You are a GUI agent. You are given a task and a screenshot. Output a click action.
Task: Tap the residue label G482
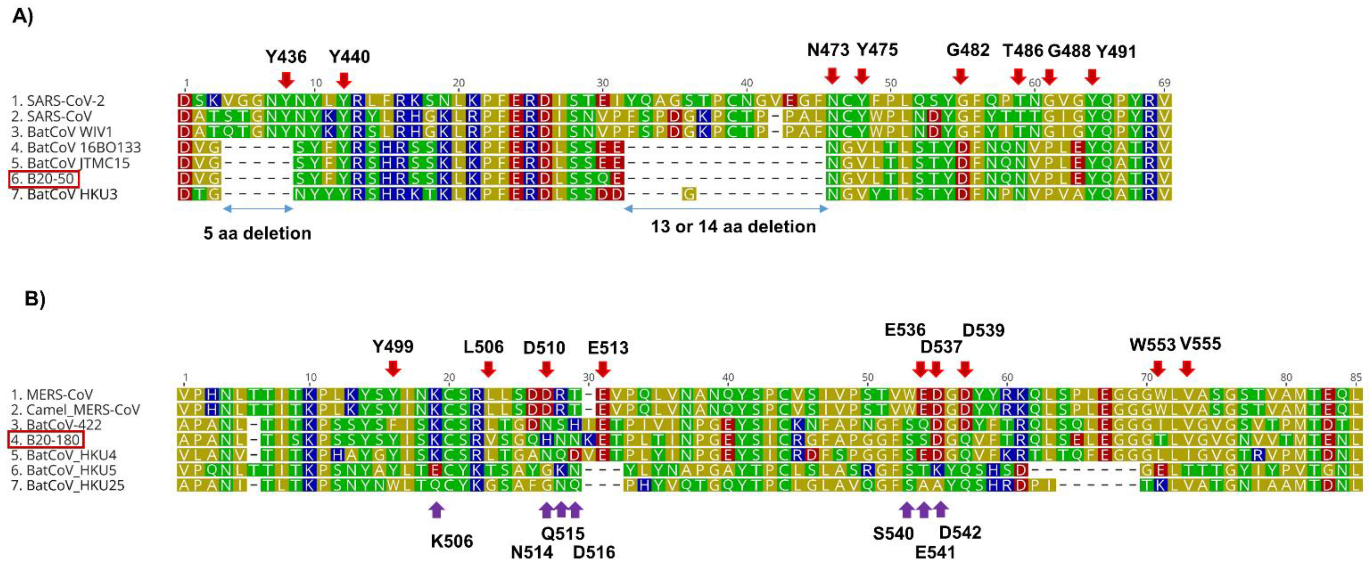(968, 51)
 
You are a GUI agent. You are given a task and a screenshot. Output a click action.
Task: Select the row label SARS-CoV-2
(59, 100)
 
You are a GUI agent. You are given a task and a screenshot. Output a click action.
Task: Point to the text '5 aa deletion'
(257, 233)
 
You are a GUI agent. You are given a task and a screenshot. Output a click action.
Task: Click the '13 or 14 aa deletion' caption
(733, 227)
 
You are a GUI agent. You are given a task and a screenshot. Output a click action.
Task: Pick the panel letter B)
(35, 299)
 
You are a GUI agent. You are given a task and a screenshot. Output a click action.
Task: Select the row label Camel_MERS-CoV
(76, 410)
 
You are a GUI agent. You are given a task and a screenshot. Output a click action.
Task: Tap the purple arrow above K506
(436, 510)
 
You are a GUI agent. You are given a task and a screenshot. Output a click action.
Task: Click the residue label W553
(1152, 345)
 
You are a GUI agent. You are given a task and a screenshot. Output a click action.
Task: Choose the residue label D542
(960, 533)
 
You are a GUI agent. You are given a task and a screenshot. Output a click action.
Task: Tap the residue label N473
(828, 50)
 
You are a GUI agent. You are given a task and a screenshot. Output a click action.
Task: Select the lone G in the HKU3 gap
(689, 194)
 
